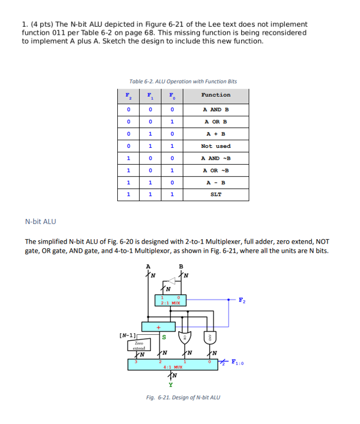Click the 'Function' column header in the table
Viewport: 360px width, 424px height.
pyautogui.click(x=216, y=95)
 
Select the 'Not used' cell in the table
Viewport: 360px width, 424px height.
pyautogui.click(x=216, y=146)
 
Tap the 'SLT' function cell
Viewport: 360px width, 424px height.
pyautogui.click(x=216, y=194)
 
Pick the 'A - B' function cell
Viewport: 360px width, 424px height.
pyautogui.click(x=216, y=182)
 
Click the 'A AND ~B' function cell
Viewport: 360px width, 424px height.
pyautogui.click(x=216, y=158)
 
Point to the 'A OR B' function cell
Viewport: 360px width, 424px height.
pyautogui.click(x=216, y=122)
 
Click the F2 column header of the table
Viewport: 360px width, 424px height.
pyautogui.click(x=128, y=95)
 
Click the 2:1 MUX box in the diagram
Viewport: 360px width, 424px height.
pyautogui.click(x=170, y=300)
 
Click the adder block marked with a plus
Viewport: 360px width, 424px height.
pyautogui.click(x=159, y=327)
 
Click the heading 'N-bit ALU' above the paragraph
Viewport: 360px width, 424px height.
pyautogui.click(x=41, y=221)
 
